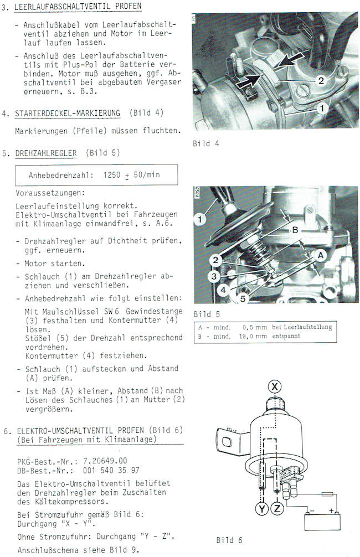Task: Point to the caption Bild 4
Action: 205,143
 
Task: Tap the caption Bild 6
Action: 229,539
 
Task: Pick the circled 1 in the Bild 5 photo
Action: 200,220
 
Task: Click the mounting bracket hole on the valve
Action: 226,441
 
